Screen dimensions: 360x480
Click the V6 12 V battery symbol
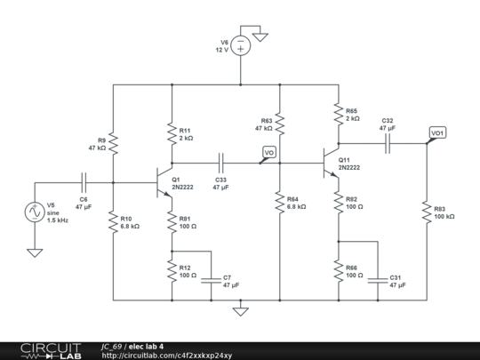point(241,50)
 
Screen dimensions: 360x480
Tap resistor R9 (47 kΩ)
point(114,144)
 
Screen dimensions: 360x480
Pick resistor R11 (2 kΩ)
point(172,134)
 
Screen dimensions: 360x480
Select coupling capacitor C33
point(220,164)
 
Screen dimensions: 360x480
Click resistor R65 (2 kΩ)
point(338,114)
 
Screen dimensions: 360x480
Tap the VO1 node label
point(437,133)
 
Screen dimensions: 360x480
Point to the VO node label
point(268,154)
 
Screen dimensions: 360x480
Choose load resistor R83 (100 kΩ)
point(428,211)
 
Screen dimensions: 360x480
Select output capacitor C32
point(388,144)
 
